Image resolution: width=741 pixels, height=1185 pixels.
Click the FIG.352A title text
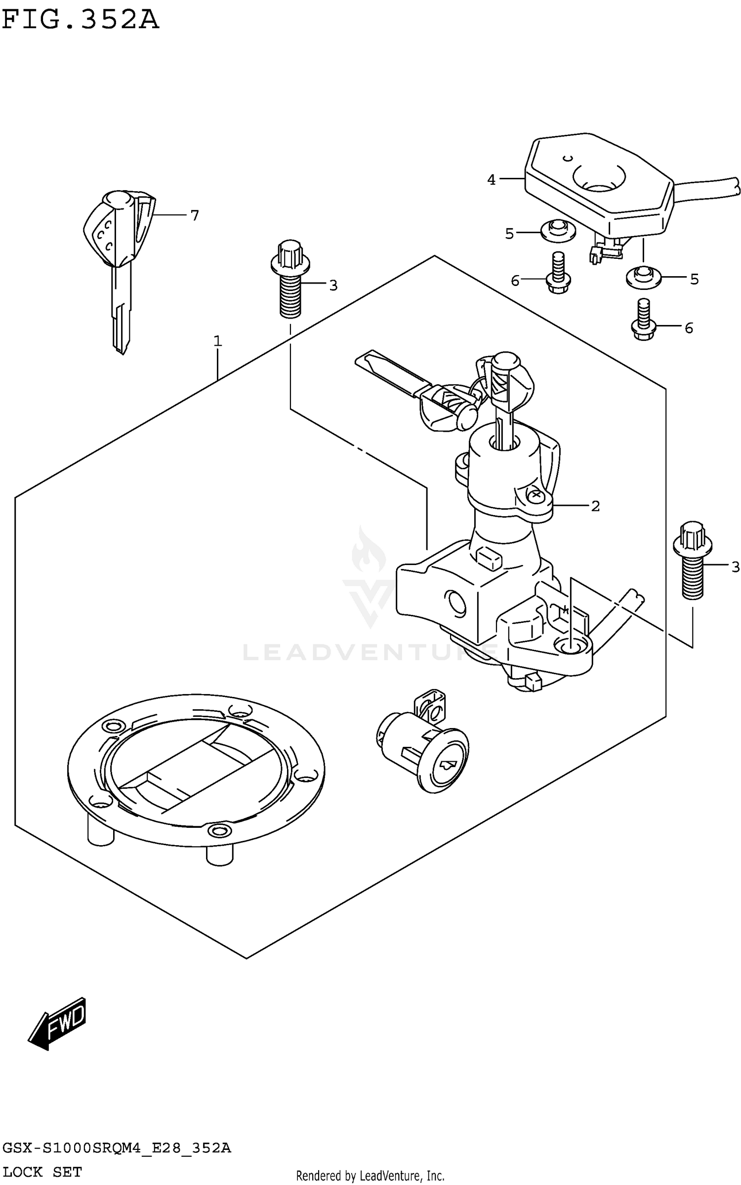click(81, 20)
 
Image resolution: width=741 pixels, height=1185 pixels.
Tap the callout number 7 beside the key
click(194, 215)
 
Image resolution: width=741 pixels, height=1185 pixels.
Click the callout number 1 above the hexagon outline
click(217, 341)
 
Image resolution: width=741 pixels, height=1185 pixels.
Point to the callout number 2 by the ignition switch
click(595, 506)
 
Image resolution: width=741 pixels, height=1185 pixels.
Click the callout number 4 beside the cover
click(491, 180)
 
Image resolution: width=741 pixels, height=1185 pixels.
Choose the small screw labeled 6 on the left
click(558, 275)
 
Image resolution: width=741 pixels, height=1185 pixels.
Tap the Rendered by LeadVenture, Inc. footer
click(370, 1176)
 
